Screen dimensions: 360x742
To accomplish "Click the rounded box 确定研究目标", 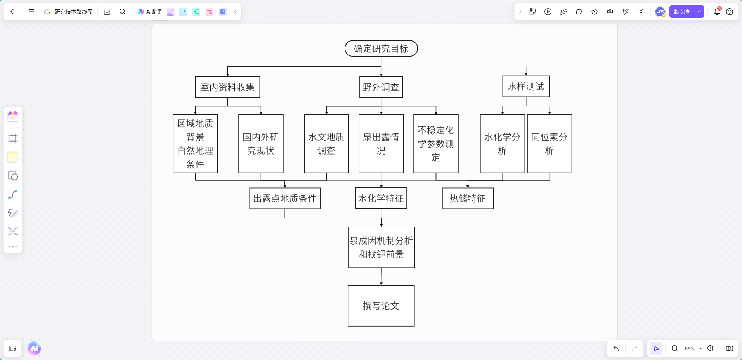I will point(381,48).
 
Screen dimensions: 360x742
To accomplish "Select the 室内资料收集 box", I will point(227,87).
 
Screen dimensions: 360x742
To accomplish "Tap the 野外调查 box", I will point(381,87).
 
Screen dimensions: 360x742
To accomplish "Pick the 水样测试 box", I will point(526,86).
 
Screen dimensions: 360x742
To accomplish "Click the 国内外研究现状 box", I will point(261,144).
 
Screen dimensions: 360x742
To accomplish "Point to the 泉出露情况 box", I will point(381,144).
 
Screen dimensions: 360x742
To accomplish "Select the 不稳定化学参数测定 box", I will point(436,144).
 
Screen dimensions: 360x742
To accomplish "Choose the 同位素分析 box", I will point(549,144).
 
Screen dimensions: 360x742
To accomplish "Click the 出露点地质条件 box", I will point(285,198).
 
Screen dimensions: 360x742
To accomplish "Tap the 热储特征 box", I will point(468,198).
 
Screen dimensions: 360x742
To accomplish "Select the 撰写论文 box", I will point(381,306).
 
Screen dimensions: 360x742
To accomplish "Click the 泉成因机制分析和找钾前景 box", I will point(381,247).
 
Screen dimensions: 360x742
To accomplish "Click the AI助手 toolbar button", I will point(150,12).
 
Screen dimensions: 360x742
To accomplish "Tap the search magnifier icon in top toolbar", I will point(122,12).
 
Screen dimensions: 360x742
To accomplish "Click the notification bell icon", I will point(717,12).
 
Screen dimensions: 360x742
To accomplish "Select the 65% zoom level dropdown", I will point(693,348).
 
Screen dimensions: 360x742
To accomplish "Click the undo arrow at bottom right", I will point(616,348).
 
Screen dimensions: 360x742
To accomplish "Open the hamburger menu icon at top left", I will point(31,12).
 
